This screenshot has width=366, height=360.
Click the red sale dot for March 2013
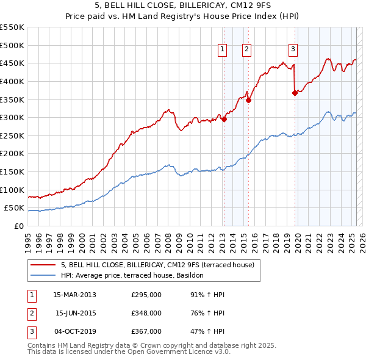[x=224, y=120]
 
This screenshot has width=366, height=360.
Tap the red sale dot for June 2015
[x=248, y=101]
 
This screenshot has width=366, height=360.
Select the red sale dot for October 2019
[x=295, y=93]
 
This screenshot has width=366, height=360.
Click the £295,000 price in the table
[x=146, y=295]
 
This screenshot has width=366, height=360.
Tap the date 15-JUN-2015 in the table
[x=76, y=313]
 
